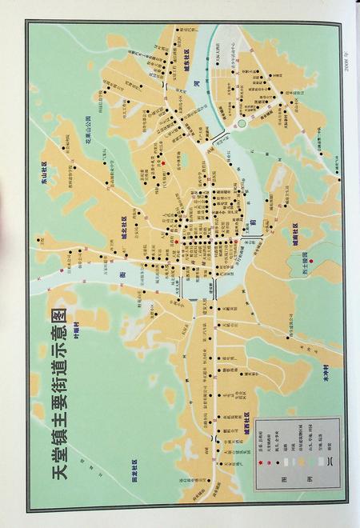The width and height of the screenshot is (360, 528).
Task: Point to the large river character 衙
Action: (x=123, y=274)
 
